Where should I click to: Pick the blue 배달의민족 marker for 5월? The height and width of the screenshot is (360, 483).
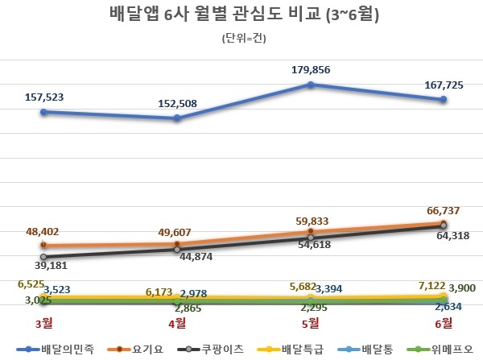click(311, 84)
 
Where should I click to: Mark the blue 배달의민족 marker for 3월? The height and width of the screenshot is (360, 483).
click(44, 112)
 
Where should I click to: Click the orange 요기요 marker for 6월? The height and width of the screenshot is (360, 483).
click(444, 224)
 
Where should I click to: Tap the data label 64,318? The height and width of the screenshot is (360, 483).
click(448, 237)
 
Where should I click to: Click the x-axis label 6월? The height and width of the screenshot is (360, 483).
click(444, 324)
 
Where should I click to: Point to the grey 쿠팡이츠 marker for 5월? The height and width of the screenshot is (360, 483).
click(311, 238)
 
